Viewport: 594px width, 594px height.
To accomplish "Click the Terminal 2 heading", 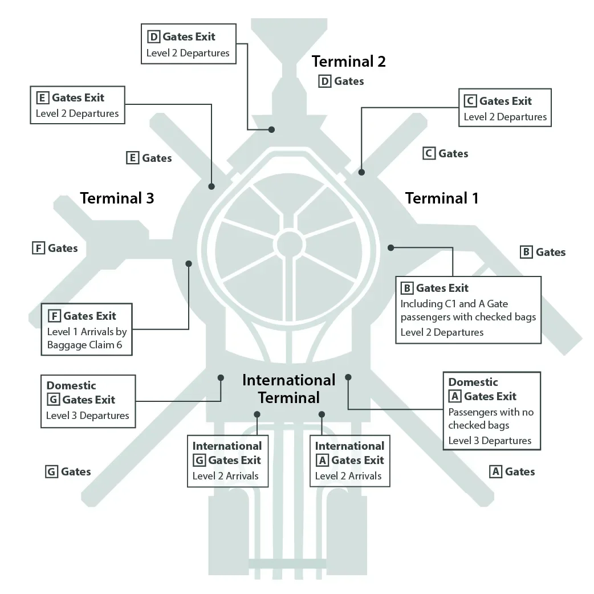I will point(348,62).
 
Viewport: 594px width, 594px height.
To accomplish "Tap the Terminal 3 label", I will point(117,198).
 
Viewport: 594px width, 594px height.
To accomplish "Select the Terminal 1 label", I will point(442,198).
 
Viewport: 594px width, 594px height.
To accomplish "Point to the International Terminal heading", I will point(289,388).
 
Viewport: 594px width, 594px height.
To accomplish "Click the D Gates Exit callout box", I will point(188,44).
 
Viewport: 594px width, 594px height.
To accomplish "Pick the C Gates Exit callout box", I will point(505,108).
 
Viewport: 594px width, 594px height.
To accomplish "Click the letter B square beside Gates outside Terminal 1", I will point(527,252).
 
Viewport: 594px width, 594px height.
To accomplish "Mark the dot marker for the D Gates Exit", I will point(272,129).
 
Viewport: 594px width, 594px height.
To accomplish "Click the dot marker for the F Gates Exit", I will point(189,263).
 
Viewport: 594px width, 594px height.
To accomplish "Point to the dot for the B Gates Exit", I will point(391,247).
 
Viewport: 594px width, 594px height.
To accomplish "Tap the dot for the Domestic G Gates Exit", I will point(221,377).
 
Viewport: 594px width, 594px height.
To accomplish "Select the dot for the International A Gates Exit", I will point(322,414).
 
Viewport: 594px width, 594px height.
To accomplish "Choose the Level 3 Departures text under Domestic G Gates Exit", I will point(88,416).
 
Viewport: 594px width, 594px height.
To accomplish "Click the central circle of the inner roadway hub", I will point(289,244).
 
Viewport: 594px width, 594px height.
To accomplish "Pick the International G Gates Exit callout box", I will point(227,461).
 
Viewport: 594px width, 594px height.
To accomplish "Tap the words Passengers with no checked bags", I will point(491,418).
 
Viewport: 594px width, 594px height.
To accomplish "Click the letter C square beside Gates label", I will point(429,153).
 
